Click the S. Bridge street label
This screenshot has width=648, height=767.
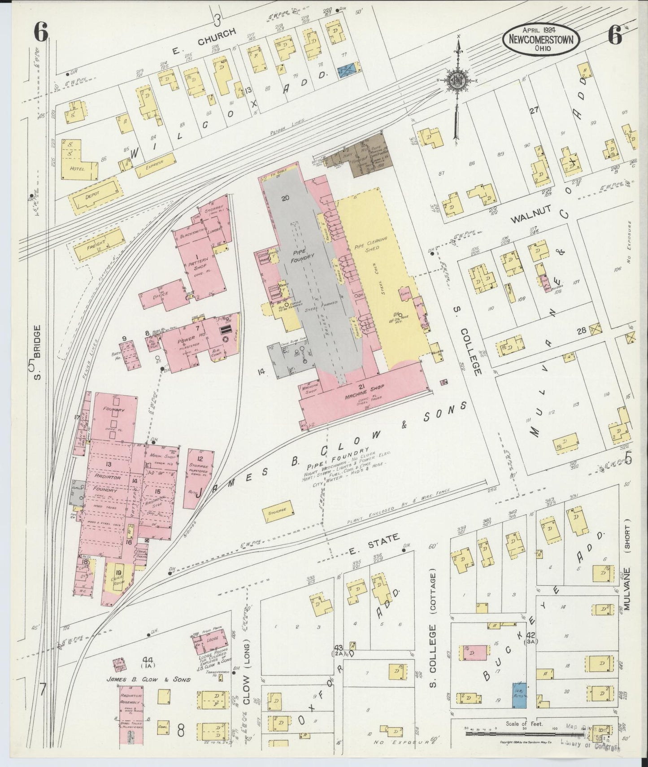(x=38, y=352)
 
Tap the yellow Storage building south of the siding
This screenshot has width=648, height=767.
(x=278, y=511)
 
